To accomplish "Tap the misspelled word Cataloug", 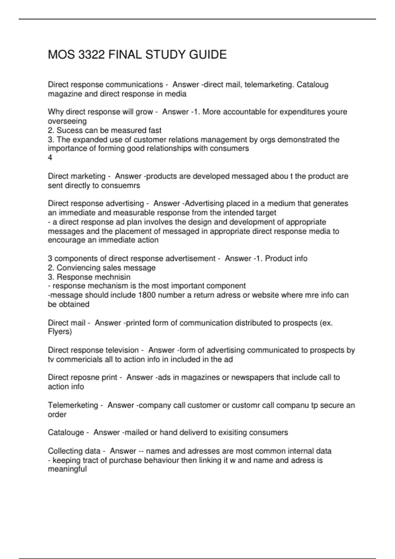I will pos(312,85).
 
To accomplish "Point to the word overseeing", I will pos(67,121).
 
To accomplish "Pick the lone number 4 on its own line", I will pos(50,158).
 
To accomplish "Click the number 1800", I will pos(147,295).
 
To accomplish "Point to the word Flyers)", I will pos(60,331).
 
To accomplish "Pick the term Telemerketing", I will pos(73,405).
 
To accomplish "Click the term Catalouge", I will pos(66,432).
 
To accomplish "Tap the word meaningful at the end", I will pos(67,469).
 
